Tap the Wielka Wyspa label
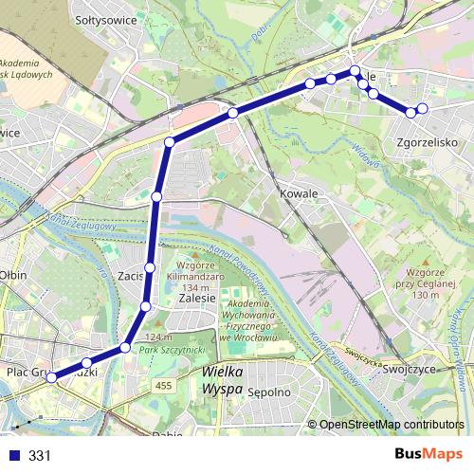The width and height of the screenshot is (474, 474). tap(224, 381)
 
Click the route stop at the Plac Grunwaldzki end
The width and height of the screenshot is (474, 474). tap(51, 377)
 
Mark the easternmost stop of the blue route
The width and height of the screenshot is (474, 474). tap(422, 109)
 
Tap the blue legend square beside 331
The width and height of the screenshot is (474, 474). tap(14, 455)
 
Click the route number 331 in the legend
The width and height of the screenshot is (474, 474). tap(40, 455)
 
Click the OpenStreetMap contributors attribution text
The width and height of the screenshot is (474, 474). tap(391, 426)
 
